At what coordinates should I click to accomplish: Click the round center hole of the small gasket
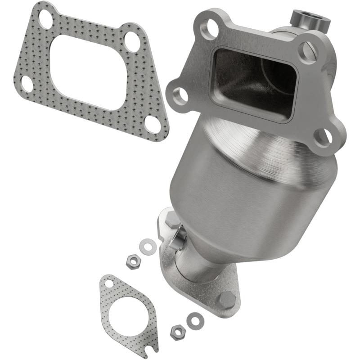pyautogui.click(x=128, y=315)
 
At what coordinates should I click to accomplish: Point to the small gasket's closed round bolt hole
pyautogui.click(x=108, y=284)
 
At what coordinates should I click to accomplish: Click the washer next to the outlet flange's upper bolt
pyautogui.click(x=147, y=245)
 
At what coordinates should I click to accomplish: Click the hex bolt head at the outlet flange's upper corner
pyautogui.click(x=173, y=220)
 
